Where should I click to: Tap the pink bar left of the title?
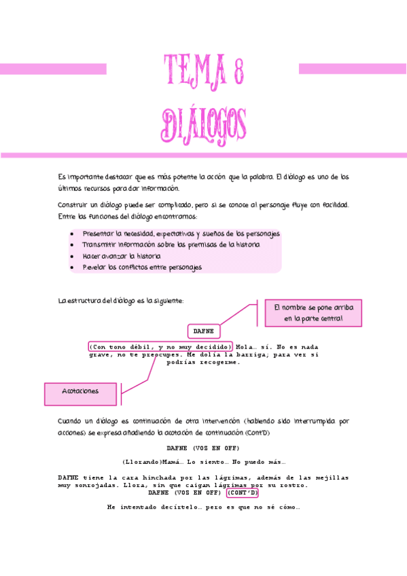coord(53,69)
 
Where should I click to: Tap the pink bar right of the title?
coord(353,69)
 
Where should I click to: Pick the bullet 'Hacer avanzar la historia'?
coord(122,256)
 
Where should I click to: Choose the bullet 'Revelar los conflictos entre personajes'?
coord(142,268)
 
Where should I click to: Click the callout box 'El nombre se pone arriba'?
coord(313,313)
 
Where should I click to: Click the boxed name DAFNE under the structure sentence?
coord(203,331)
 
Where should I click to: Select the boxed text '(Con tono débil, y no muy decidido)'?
coord(160,346)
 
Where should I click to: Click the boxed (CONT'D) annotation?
coord(243,493)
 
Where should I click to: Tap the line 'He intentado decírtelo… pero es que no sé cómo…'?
coord(203,507)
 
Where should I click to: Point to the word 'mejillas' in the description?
coord(330,478)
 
